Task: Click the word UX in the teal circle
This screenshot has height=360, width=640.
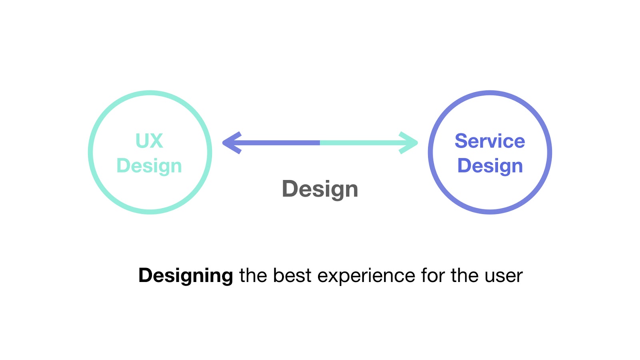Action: pos(149,141)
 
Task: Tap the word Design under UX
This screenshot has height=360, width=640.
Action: pos(149,166)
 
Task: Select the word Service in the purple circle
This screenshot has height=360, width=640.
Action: pos(490,141)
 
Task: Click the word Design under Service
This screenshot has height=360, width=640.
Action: pos(490,166)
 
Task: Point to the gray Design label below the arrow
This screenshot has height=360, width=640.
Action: pos(320,189)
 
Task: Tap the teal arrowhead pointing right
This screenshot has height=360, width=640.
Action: pos(409,143)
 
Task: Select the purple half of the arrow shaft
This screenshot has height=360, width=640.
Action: pos(280,143)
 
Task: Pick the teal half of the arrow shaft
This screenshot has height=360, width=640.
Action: pos(360,143)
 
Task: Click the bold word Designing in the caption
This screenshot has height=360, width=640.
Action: pos(186,276)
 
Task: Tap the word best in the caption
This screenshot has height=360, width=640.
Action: pos(292,276)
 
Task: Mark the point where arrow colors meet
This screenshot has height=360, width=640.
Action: pos(320,143)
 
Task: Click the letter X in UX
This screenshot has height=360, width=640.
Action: pos(156,141)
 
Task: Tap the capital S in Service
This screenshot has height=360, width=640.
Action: pos(462,141)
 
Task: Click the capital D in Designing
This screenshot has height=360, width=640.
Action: pos(145,276)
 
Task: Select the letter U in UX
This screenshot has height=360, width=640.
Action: pos(142,141)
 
